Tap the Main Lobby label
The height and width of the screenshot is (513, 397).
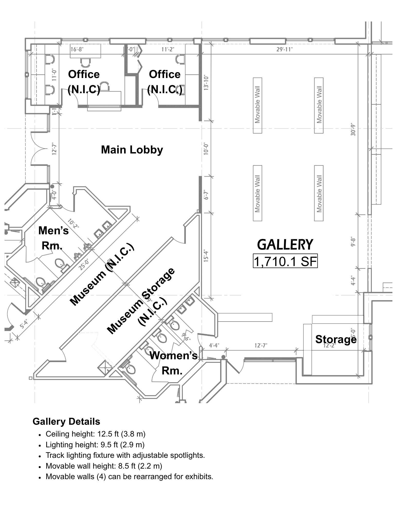pos(132,150)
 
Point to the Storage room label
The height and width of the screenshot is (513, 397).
pos(336,339)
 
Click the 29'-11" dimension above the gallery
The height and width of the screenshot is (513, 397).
pos(284,50)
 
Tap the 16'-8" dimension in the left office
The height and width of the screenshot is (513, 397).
pos(77,49)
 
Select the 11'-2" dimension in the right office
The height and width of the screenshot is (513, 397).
pos(168,49)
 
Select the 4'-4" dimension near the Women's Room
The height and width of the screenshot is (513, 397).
pos(214,346)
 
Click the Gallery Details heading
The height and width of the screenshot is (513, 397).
pos(66,421)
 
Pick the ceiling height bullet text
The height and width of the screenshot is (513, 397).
pos(95,434)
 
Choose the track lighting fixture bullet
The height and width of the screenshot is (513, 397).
pos(125,455)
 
